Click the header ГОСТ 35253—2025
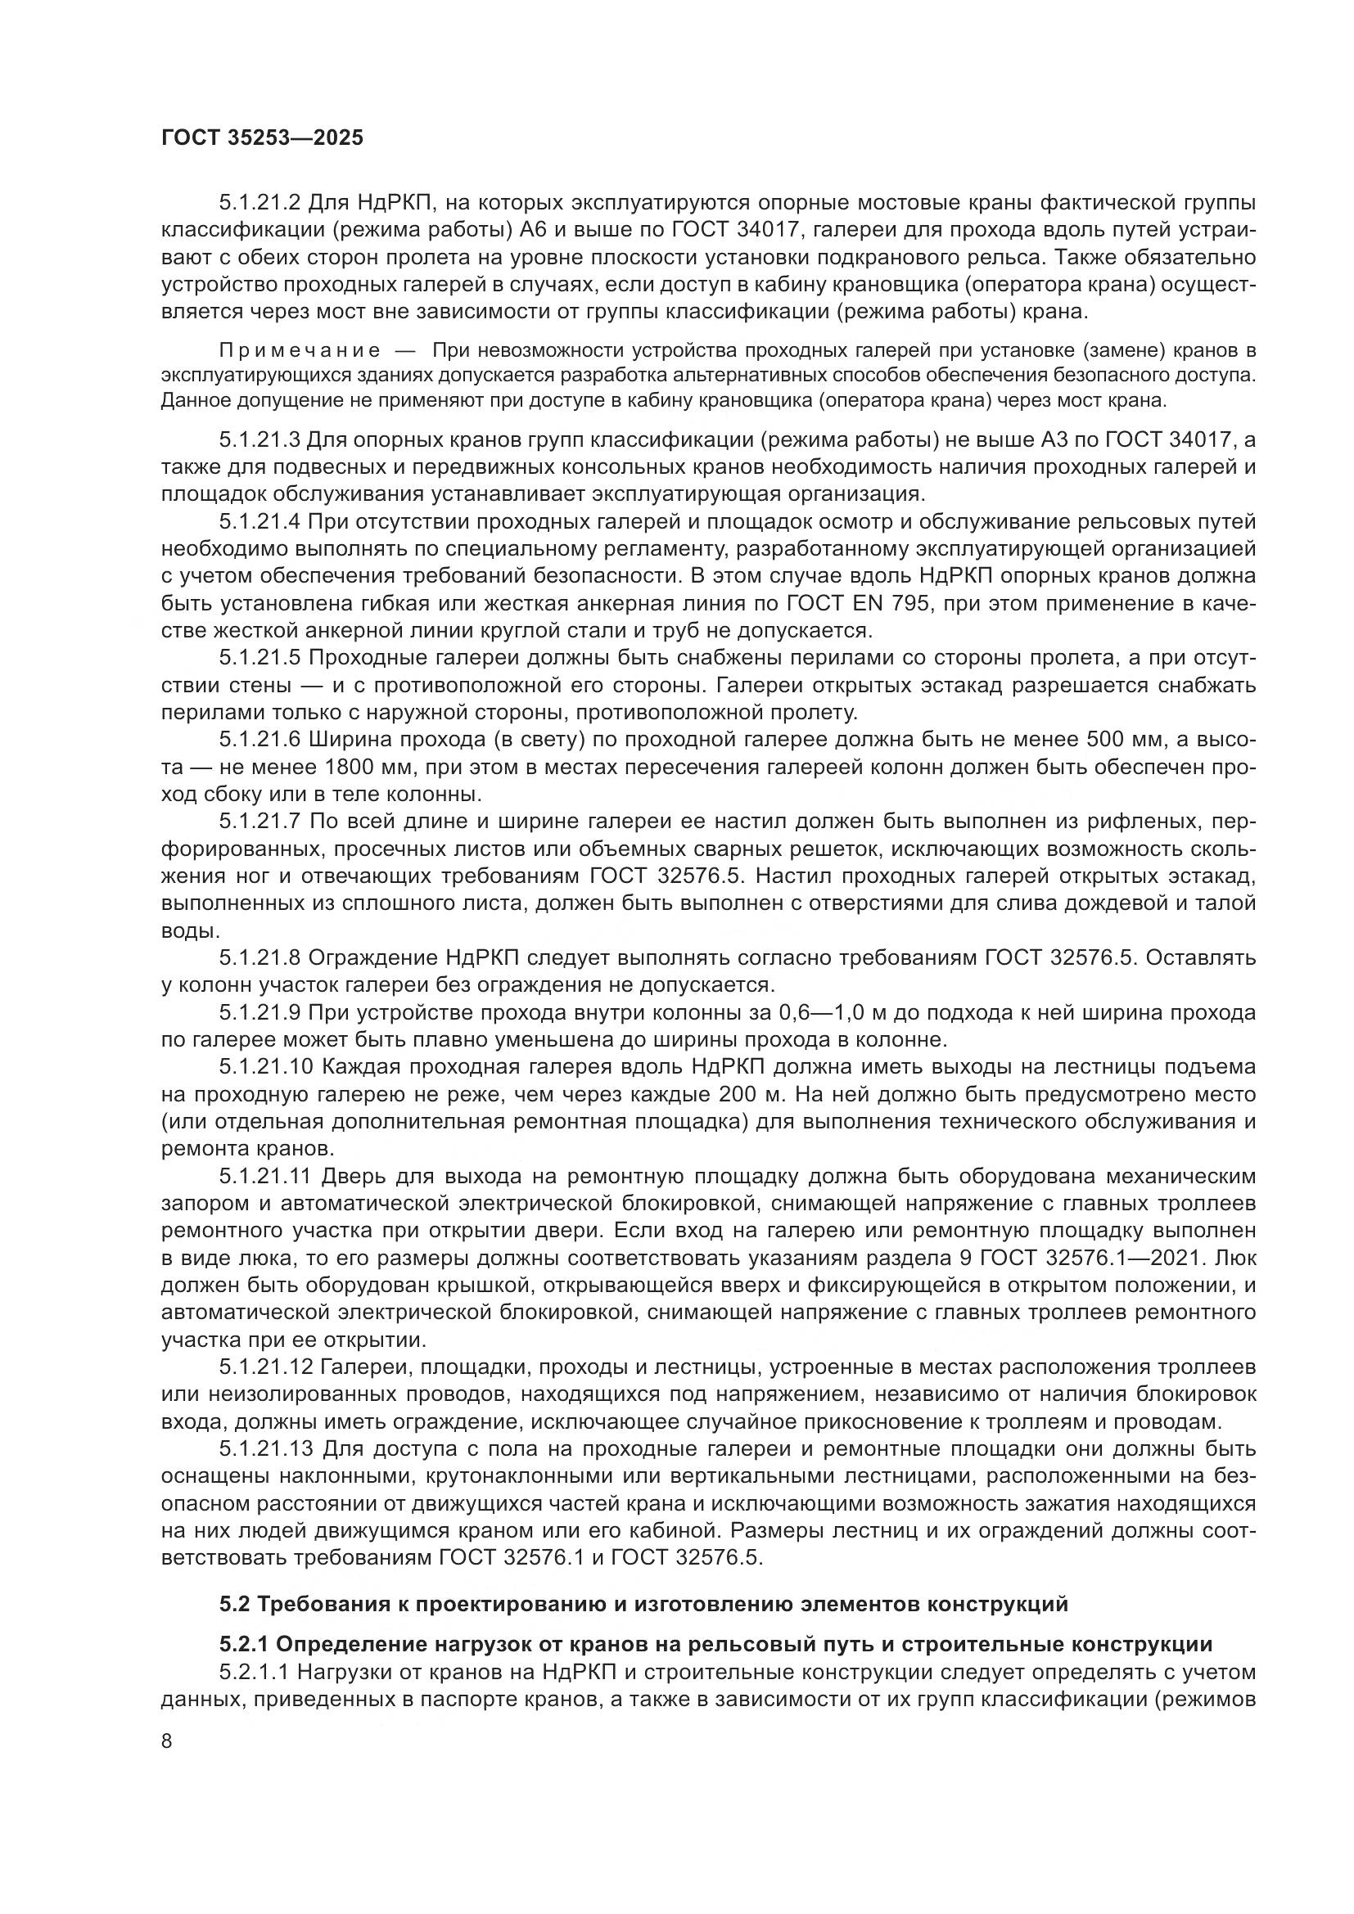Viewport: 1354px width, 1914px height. (262, 138)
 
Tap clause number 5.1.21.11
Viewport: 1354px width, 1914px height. (266, 1176)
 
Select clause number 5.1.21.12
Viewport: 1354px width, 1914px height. (266, 1367)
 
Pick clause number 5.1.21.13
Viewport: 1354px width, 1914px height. (266, 1449)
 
